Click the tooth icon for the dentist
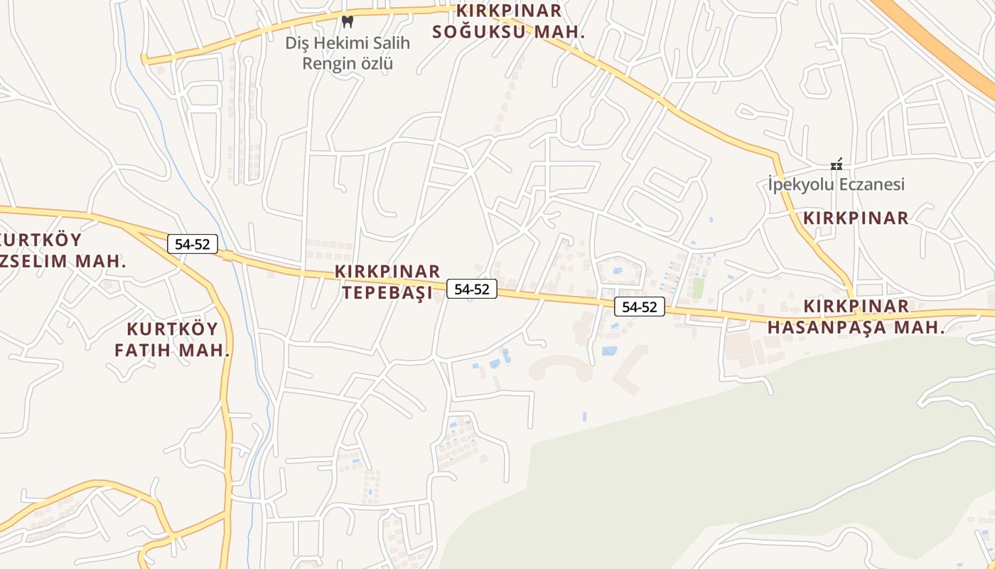(x=348, y=22)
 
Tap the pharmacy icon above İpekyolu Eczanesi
(x=837, y=164)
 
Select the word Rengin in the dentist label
(x=326, y=63)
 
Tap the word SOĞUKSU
(x=480, y=32)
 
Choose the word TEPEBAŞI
(x=387, y=293)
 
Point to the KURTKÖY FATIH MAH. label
(x=171, y=340)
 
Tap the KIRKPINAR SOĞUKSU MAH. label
(x=508, y=21)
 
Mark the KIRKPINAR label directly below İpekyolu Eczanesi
(x=856, y=218)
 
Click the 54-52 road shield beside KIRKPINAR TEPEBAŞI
(x=472, y=289)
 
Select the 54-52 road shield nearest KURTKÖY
(x=192, y=244)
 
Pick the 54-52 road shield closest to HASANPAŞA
(x=640, y=307)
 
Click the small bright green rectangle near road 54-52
(x=698, y=288)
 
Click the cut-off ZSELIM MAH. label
(x=64, y=261)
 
